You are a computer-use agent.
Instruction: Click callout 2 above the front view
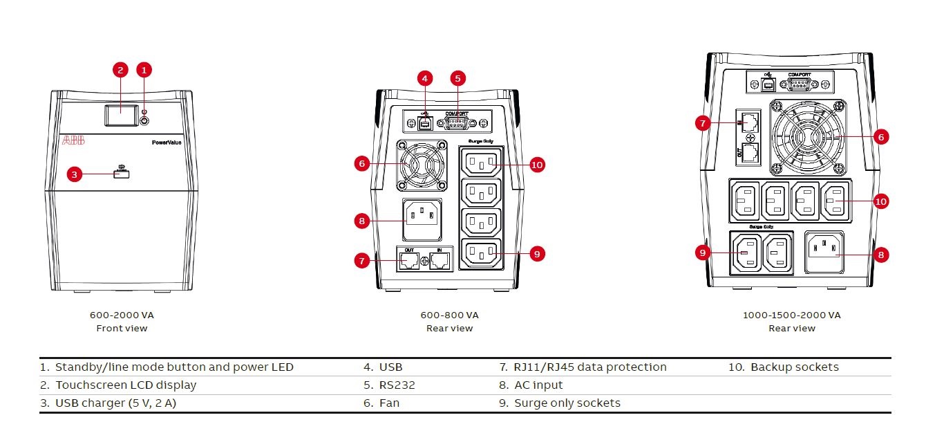click(120, 69)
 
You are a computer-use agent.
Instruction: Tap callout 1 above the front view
click(144, 69)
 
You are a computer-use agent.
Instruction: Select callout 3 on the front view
click(75, 174)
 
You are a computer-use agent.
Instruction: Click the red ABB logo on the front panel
click(74, 140)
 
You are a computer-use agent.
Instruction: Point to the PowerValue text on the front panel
click(167, 142)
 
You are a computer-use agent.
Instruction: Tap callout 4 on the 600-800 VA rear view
click(426, 78)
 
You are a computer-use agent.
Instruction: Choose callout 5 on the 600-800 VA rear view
click(457, 78)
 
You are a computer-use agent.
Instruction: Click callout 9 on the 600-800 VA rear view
click(536, 254)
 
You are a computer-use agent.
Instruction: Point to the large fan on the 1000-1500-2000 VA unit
click(807, 136)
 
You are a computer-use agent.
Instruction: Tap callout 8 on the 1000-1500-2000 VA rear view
click(880, 255)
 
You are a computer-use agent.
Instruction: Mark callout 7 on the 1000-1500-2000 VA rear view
click(703, 123)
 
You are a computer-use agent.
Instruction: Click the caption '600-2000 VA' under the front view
click(122, 315)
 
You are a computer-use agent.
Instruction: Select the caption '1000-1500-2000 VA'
click(792, 315)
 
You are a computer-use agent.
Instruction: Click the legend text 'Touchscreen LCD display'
click(126, 385)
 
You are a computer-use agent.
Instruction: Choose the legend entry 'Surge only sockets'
click(567, 403)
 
